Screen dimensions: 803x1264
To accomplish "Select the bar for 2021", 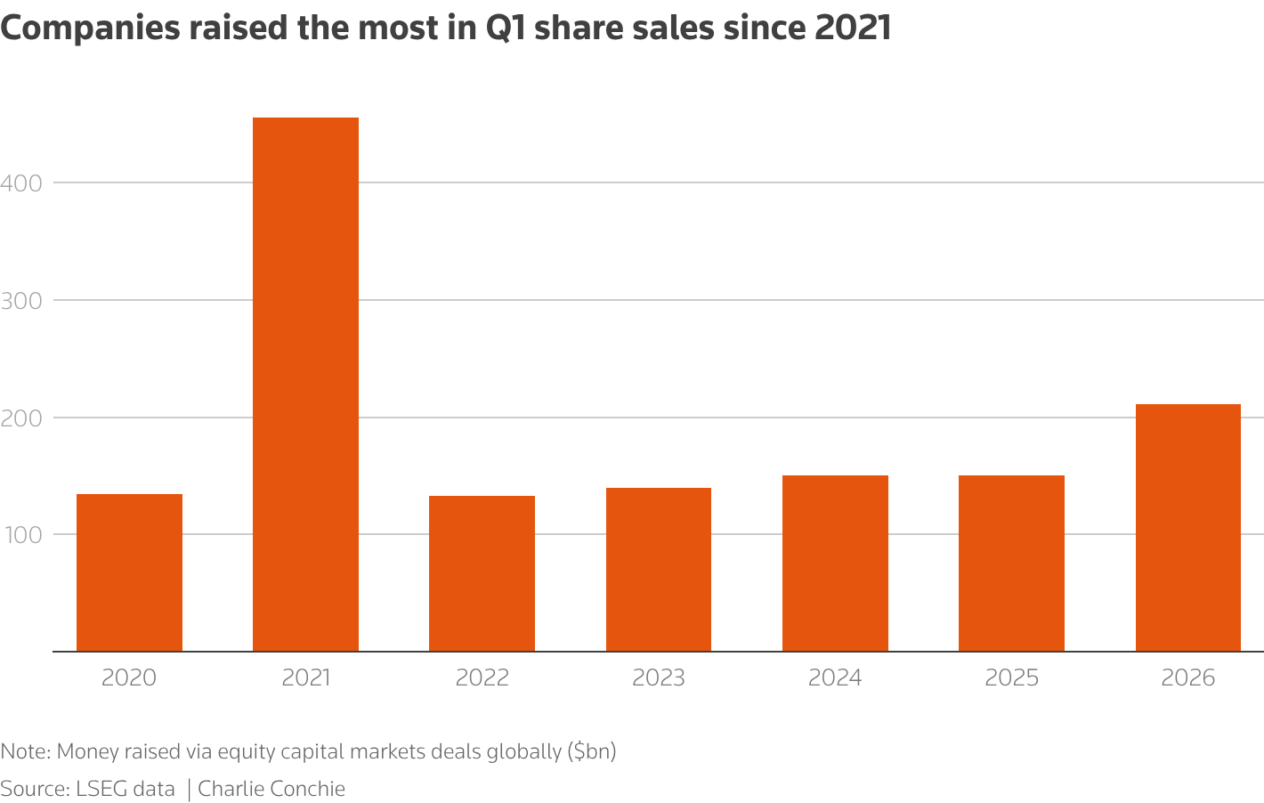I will coord(305,384).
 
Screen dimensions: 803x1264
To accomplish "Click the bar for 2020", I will coord(129,572).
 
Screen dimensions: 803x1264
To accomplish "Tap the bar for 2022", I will coord(482,573).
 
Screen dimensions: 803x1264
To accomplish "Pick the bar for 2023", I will coord(658,569).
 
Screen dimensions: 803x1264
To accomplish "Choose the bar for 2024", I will coord(835,563).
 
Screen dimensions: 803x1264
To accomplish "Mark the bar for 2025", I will coord(1011,563).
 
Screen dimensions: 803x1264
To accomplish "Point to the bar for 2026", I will coord(1187,527).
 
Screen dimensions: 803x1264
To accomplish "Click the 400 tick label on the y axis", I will coord(21,183).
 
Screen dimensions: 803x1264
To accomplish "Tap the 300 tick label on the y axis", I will coord(21,301).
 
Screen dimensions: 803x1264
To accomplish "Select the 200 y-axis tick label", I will coord(21,418).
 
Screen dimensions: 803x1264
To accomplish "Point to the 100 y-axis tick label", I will coord(21,535).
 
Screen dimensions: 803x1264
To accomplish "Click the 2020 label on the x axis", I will coord(129,678).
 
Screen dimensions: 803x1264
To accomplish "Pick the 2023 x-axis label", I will coord(658,678).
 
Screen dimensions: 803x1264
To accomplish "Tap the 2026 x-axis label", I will coord(1187,678).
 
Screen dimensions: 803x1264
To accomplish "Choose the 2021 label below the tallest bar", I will coord(305,678).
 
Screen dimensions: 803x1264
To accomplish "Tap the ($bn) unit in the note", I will coord(592,751).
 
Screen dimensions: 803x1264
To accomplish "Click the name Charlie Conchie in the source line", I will coord(271,789).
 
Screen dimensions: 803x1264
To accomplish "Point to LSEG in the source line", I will coord(102,789).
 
